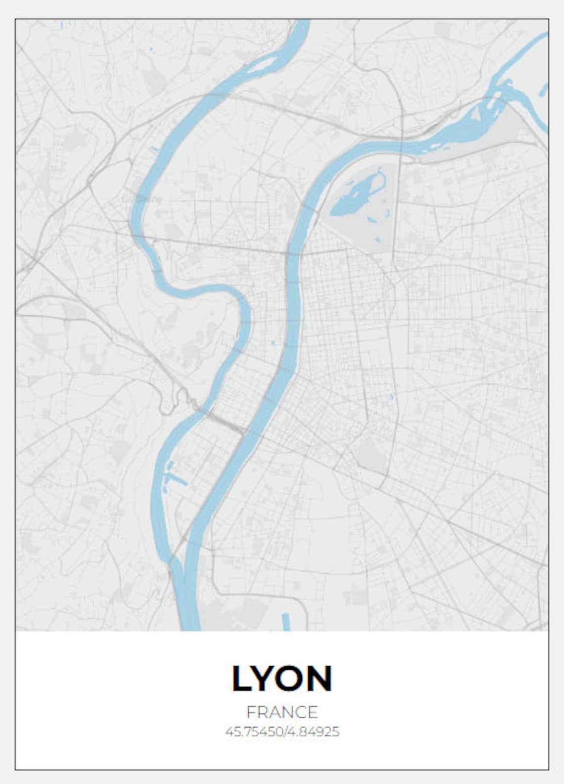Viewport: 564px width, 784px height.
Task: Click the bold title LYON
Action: coord(282,678)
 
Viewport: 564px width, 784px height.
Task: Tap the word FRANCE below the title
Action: coord(282,712)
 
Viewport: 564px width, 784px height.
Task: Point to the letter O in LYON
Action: coord(294,678)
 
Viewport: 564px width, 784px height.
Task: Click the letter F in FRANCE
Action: coord(250,712)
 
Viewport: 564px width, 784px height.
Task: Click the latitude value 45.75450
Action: coord(253,732)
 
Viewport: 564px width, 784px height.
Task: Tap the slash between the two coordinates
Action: coord(284,732)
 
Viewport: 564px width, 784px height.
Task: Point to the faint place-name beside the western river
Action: coord(142,199)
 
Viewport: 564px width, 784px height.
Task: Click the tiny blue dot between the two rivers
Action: coord(272,343)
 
